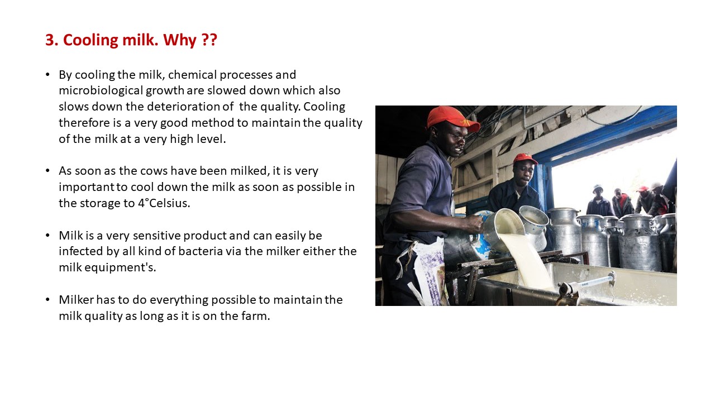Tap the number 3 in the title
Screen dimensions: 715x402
[x=50, y=40]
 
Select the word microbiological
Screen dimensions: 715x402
[x=101, y=91]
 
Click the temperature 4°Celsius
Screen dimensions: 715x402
[x=164, y=203]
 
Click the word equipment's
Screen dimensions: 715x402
[x=120, y=267]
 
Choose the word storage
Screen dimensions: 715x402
[x=100, y=204]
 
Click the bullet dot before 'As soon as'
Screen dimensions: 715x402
[x=47, y=171]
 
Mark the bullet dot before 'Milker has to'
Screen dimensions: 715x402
[x=47, y=300]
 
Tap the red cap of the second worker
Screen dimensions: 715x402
[x=525, y=159]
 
